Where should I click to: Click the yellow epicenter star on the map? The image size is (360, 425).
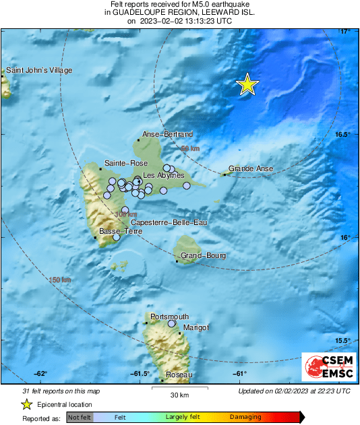[247, 84]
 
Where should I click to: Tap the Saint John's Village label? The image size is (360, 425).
[39, 70]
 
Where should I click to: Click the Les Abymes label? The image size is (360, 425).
[164, 175]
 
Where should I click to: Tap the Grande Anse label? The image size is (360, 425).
[249, 168]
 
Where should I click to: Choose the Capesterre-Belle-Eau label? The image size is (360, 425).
[168, 222]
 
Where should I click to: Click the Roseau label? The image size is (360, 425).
[179, 374]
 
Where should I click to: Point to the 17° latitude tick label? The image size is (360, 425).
[344, 32]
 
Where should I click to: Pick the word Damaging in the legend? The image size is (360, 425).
[245, 418]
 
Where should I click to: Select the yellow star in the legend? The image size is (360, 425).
[26, 404]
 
